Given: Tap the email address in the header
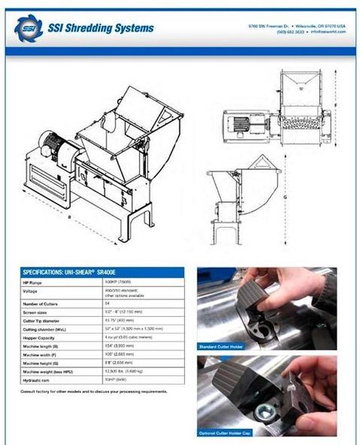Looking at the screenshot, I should [x=328, y=31].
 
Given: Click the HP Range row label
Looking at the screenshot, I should [x=33, y=283].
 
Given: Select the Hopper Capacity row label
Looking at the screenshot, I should [x=38, y=337].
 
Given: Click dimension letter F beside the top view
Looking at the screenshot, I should [x=336, y=106].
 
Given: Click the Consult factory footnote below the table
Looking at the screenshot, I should [x=94, y=391].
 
